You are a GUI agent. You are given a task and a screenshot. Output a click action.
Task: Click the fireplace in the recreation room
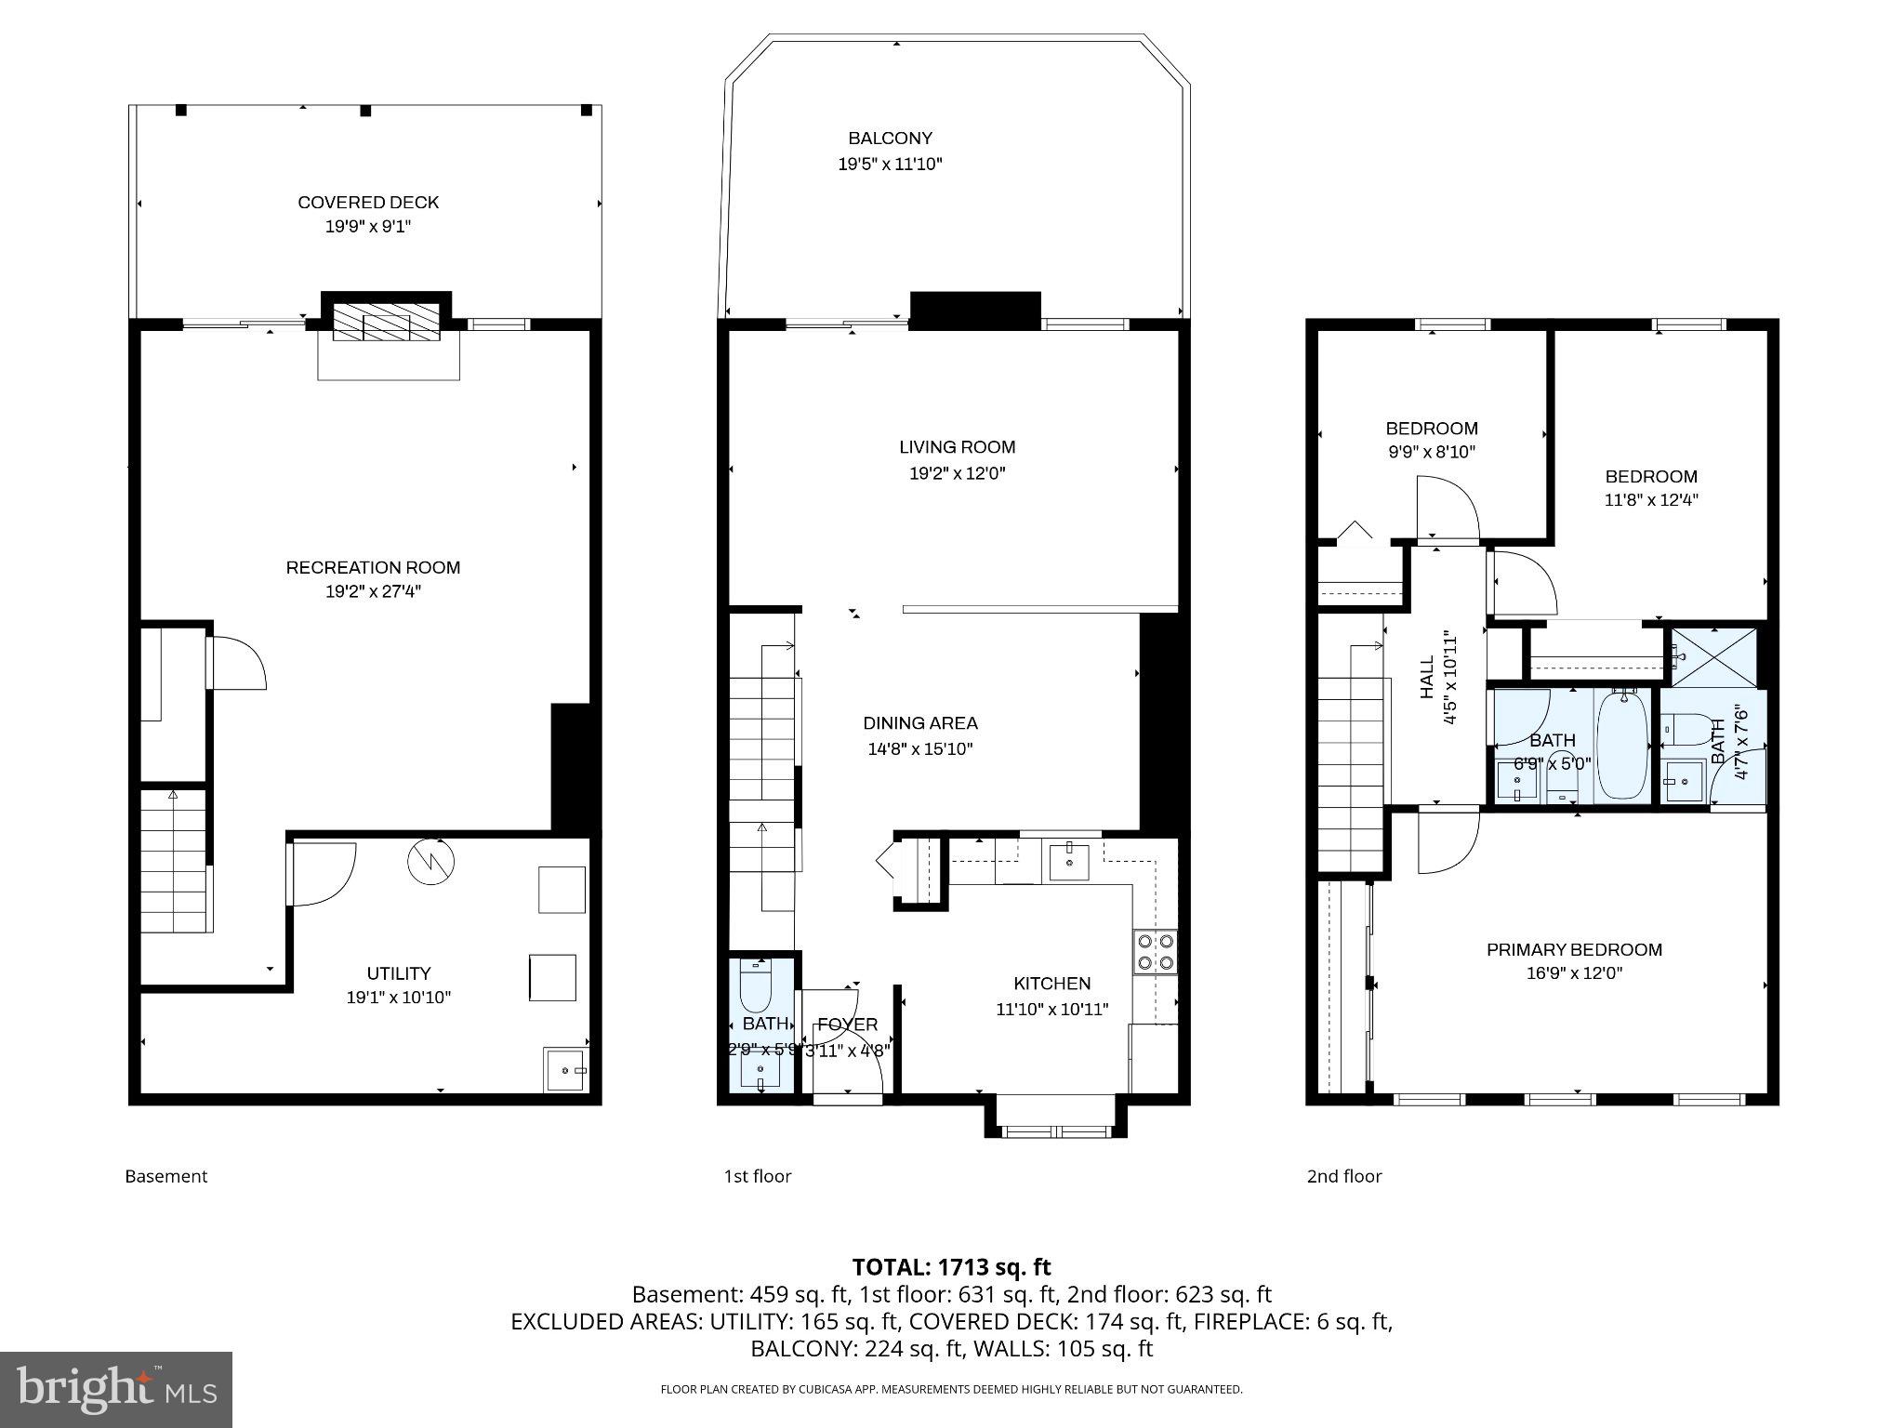point(386,322)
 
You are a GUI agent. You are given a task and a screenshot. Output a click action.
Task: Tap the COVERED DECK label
point(368,203)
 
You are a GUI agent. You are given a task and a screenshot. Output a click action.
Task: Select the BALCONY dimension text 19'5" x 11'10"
point(890,165)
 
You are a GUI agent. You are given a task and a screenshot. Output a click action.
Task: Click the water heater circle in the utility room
point(430,861)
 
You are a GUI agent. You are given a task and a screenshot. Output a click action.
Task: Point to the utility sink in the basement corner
point(565,1069)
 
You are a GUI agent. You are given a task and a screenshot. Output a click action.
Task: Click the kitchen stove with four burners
point(1156,952)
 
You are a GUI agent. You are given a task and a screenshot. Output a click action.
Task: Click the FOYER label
point(847,1025)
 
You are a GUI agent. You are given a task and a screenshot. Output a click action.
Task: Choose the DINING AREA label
point(919,723)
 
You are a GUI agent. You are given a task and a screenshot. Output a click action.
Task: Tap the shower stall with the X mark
point(1715,658)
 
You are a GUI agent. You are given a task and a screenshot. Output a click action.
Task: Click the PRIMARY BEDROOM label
point(1574,949)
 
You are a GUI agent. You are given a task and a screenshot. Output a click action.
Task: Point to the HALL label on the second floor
point(1428,678)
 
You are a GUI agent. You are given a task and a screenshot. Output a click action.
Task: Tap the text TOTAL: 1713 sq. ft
point(951,1267)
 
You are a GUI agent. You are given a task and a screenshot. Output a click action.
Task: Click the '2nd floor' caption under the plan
point(1344,1176)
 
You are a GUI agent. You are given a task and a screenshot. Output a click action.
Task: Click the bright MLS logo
point(116,1389)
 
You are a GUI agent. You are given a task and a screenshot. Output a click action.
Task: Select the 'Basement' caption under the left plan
point(166,1176)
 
